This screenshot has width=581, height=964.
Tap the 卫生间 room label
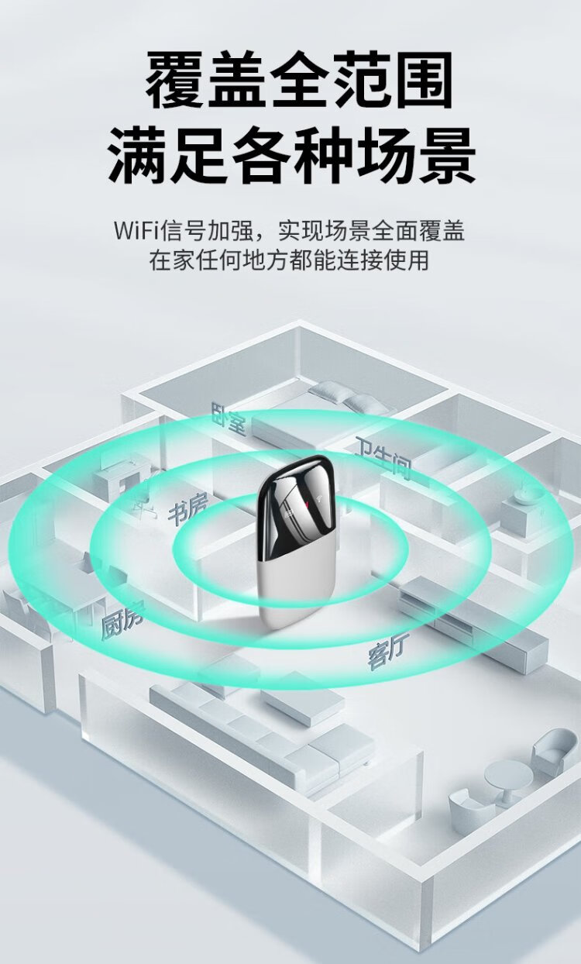383,456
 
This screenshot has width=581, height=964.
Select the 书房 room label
187,511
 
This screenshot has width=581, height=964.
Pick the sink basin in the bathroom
528,497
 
